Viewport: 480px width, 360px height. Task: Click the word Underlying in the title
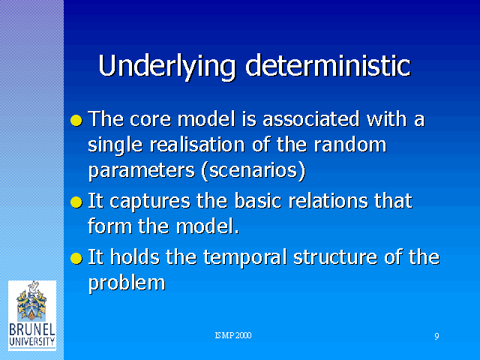coord(166,67)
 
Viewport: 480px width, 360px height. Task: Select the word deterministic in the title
coord(328,65)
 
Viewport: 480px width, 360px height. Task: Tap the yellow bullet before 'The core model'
coord(76,120)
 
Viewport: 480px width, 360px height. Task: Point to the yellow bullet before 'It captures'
coord(76,202)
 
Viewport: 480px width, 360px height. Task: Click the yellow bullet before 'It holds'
coord(76,258)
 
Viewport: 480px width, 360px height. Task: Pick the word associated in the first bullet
coord(310,118)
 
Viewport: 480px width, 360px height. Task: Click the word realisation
coord(197,145)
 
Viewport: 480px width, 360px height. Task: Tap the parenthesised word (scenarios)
coord(253,170)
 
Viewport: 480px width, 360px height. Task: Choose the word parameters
coord(142,171)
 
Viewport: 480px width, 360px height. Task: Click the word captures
coord(150,202)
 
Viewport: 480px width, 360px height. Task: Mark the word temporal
coord(245,258)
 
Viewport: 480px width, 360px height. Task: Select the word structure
coord(335,257)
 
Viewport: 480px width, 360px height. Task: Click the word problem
coord(127,283)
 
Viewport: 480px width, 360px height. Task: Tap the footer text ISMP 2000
coord(233,335)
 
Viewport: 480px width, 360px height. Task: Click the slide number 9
coord(436,336)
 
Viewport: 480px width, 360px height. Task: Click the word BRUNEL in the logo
coord(32,330)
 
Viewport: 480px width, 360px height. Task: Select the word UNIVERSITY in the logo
coord(32,342)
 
